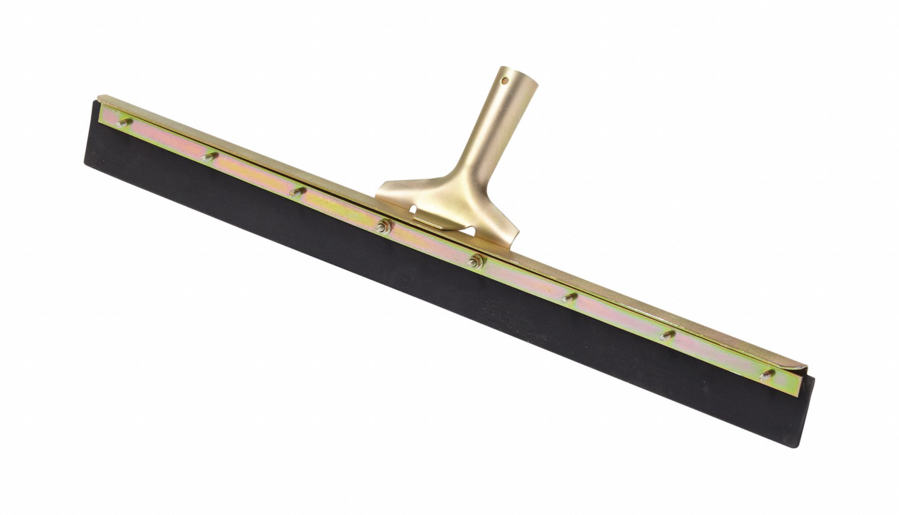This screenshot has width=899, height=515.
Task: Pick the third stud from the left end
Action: [x=295, y=192]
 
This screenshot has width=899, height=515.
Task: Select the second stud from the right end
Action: [x=668, y=335]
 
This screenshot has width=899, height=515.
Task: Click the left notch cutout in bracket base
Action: [x=407, y=210]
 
